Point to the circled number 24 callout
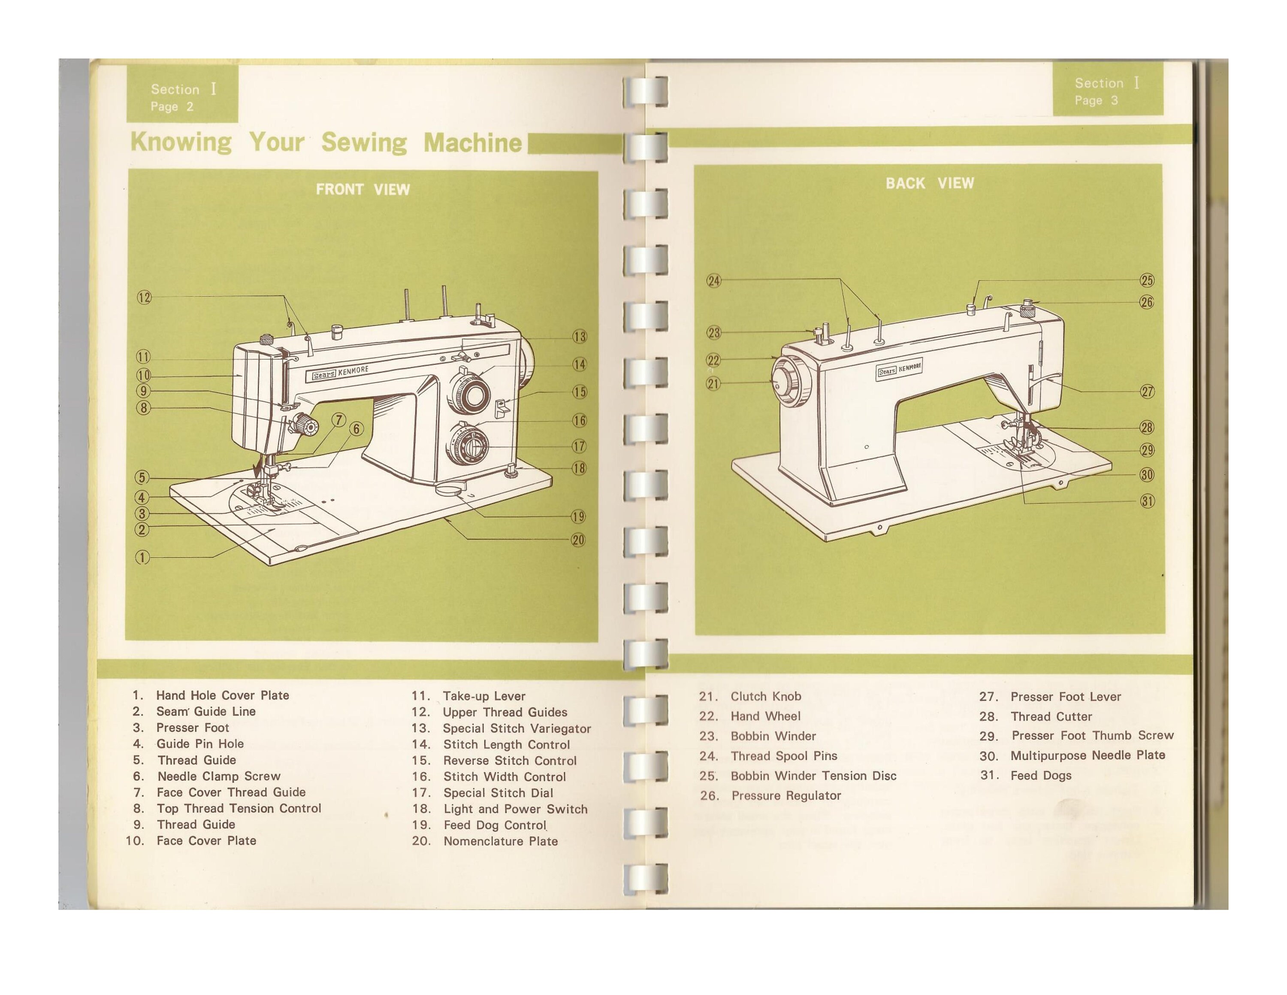pyautogui.click(x=713, y=281)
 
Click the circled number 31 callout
pyautogui.click(x=1147, y=502)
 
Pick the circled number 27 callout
pyautogui.click(x=1147, y=391)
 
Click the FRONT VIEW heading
pyautogui.click(x=363, y=189)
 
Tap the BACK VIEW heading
pyautogui.click(x=929, y=183)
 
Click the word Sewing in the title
pyautogui.click(x=364, y=143)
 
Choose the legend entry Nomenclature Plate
pyautogui.click(x=500, y=841)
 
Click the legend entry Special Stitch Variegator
pyautogui.click(x=516, y=728)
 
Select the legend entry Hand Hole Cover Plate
pyautogui.click(x=222, y=695)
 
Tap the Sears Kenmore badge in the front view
pyautogui.click(x=340, y=373)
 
